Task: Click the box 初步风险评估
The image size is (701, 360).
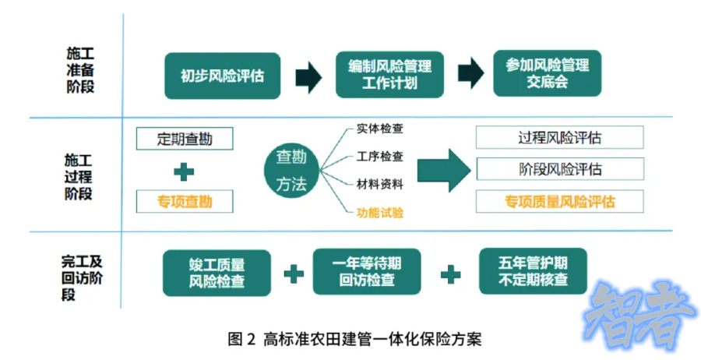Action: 222,76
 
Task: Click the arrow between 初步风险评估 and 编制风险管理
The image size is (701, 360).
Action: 308,76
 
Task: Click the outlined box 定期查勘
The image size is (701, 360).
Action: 185,139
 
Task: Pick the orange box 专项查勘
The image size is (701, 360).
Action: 185,202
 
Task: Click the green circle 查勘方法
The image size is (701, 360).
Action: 292,171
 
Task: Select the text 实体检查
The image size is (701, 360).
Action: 379,129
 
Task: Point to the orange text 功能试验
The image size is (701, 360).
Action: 379,211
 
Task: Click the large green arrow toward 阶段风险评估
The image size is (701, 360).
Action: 444,169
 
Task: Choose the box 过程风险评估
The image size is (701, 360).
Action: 559,138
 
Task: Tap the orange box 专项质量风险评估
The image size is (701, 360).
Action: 559,201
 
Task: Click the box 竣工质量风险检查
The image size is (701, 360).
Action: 216,274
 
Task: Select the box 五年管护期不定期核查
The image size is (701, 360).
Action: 534,272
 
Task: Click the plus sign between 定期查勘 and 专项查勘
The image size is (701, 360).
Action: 184,171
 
